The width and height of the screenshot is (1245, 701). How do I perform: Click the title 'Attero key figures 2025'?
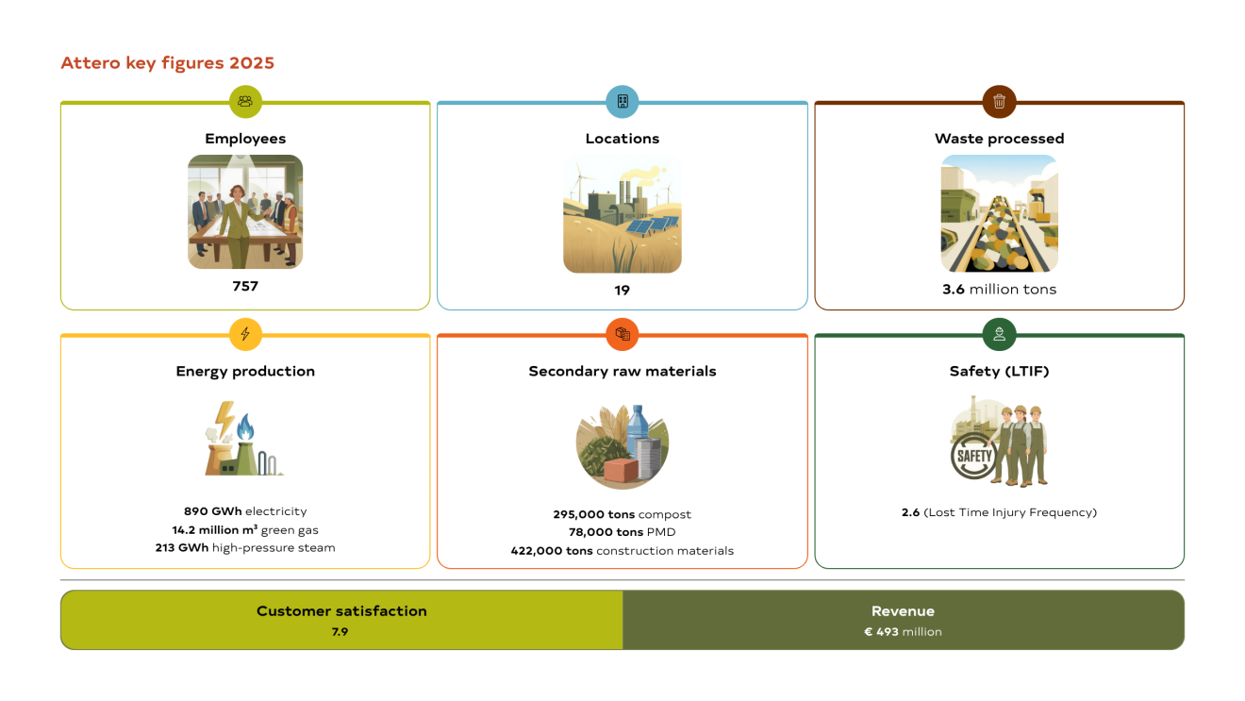point(167,63)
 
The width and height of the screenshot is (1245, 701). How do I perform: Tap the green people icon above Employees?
point(245,101)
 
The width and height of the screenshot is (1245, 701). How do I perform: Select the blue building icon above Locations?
point(622,101)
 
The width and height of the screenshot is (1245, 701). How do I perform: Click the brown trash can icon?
point(999,101)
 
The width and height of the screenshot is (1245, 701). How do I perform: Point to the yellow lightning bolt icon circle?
point(245,334)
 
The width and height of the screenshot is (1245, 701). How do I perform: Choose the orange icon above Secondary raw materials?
point(622,334)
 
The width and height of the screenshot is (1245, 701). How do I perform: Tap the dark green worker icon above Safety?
point(999,334)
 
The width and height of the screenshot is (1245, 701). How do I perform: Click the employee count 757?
point(245,286)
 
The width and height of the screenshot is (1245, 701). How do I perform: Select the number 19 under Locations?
point(622,291)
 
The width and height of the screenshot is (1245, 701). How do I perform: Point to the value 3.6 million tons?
point(999,289)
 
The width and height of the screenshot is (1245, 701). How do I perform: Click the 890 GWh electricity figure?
point(245,510)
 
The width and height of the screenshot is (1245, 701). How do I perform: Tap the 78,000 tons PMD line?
point(622,532)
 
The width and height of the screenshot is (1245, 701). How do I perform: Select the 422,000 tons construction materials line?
point(622,550)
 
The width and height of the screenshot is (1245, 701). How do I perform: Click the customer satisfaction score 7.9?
point(340,631)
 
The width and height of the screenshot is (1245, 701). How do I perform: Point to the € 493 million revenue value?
point(903,631)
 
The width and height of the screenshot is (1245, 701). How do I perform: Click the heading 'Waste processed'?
point(999,139)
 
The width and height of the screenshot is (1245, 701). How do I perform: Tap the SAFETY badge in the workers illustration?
point(972,457)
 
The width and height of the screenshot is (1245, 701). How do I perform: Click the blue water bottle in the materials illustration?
point(638,428)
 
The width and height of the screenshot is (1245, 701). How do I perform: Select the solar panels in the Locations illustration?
point(653,225)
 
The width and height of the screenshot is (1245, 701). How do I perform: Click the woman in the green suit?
point(238,225)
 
